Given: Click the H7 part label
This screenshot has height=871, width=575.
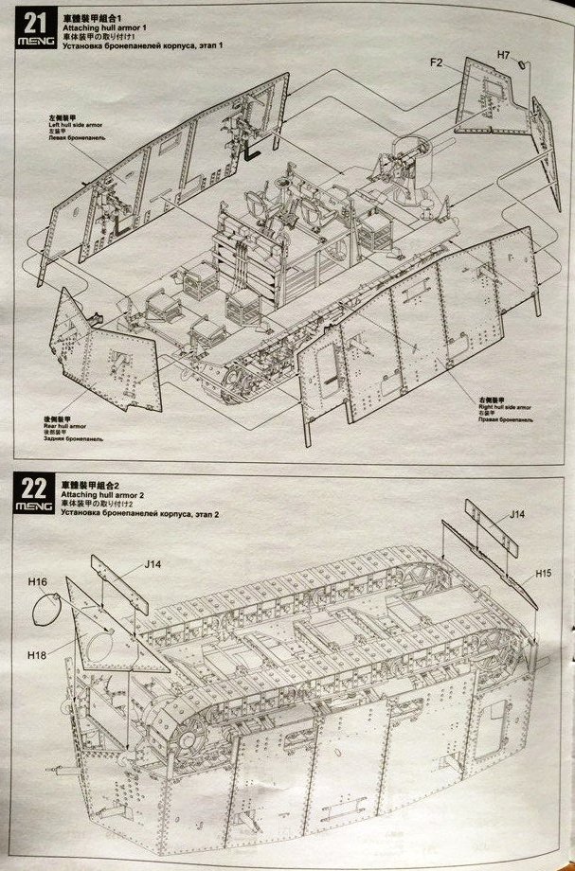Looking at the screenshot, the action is pos(505,57).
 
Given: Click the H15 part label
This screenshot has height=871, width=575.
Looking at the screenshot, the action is pos(543,572).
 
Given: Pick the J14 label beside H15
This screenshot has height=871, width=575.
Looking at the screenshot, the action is pos(516,514).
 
